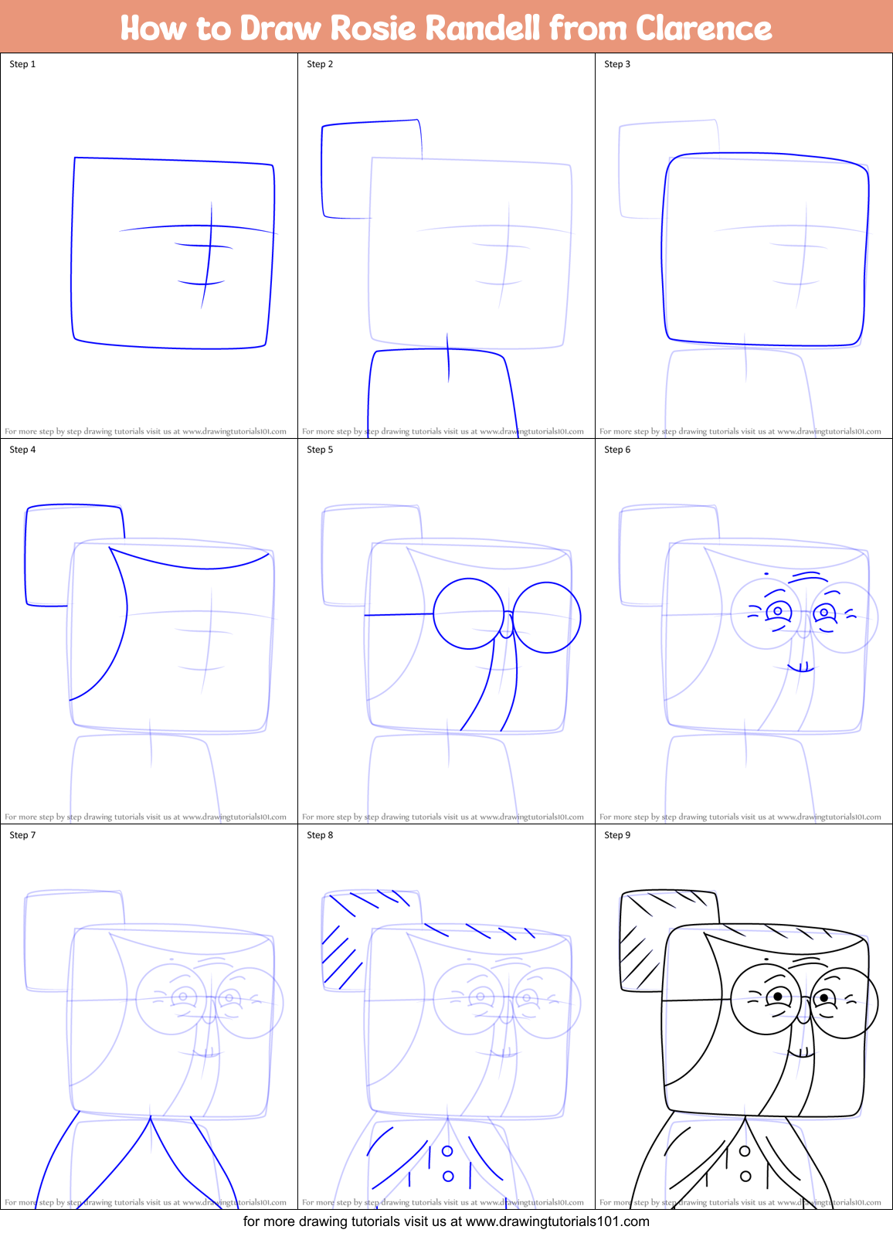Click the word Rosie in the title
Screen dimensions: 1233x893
click(x=374, y=28)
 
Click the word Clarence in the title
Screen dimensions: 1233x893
click(x=704, y=28)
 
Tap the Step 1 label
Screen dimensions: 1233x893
click(x=22, y=64)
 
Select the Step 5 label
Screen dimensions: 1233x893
click(x=320, y=450)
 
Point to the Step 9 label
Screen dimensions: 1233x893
click(x=617, y=835)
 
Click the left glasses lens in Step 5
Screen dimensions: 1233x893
click(x=469, y=613)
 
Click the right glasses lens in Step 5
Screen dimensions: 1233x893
click(x=546, y=617)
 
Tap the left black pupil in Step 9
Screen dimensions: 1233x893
click(x=778, y=997)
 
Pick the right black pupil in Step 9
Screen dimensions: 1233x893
click(x=824, y=998)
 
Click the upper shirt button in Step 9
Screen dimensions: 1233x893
click(x=745, y=1151)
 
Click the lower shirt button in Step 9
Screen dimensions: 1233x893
click(x=745, y=1177)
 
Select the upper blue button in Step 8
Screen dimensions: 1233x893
click(x=447, y=1151)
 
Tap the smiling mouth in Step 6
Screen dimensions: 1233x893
click(x=801, y=667)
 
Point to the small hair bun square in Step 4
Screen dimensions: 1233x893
click(x=73, y=555)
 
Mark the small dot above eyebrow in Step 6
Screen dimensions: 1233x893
click(x=766, y=574)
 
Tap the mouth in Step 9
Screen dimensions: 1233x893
click(x=801, y=1052)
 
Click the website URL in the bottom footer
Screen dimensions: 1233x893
click(x=557, y=1221)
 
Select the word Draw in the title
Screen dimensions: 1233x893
click(x=280, y=28)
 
